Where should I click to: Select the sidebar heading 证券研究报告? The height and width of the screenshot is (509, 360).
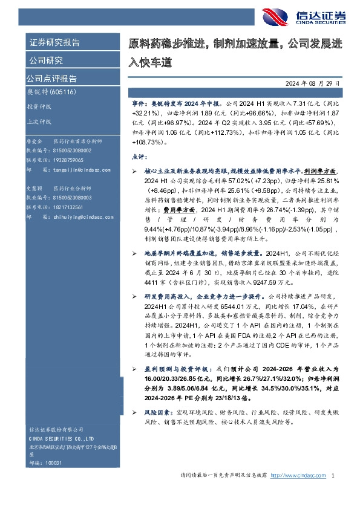pos(54,42)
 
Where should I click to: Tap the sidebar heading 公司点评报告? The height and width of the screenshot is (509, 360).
pos(51,78)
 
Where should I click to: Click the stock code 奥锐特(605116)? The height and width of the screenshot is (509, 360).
pos(49,92)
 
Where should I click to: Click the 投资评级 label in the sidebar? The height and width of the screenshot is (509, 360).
pos(39,106)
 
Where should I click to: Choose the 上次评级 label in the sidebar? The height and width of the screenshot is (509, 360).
pos(39,121)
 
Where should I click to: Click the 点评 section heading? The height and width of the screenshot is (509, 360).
pos(139,157)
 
